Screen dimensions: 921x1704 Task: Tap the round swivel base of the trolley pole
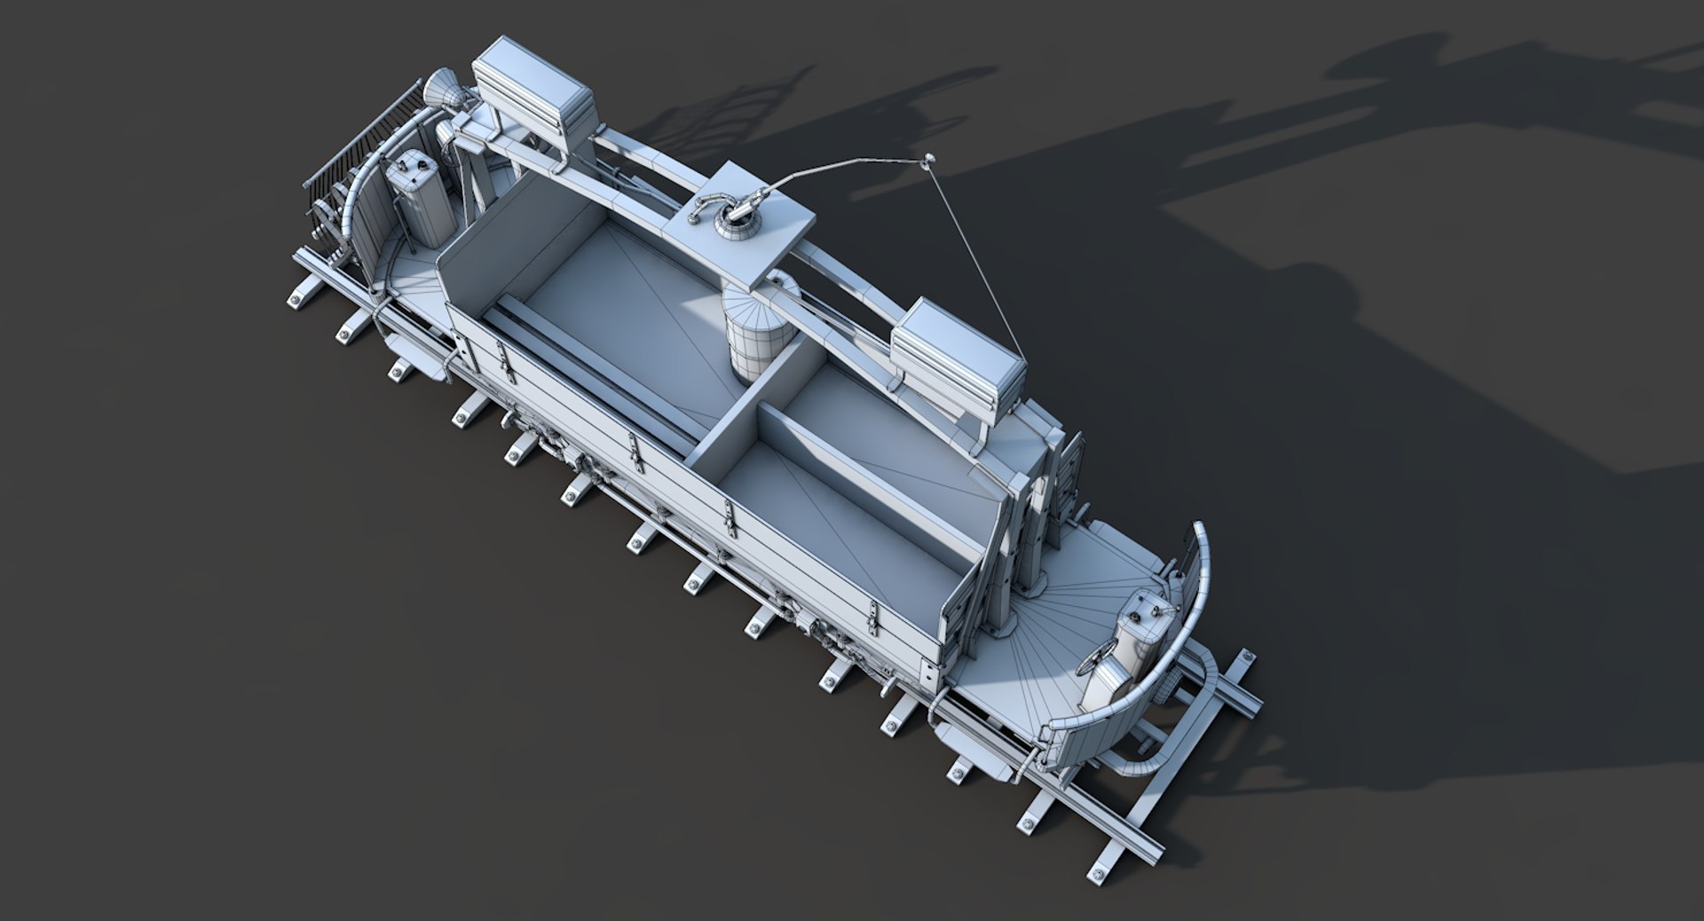click(738, 223)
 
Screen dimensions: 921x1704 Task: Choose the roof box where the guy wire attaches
click(958, 350)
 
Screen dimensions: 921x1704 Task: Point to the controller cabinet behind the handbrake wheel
click(1140, 634)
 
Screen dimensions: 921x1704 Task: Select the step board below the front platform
click(963, 736)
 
